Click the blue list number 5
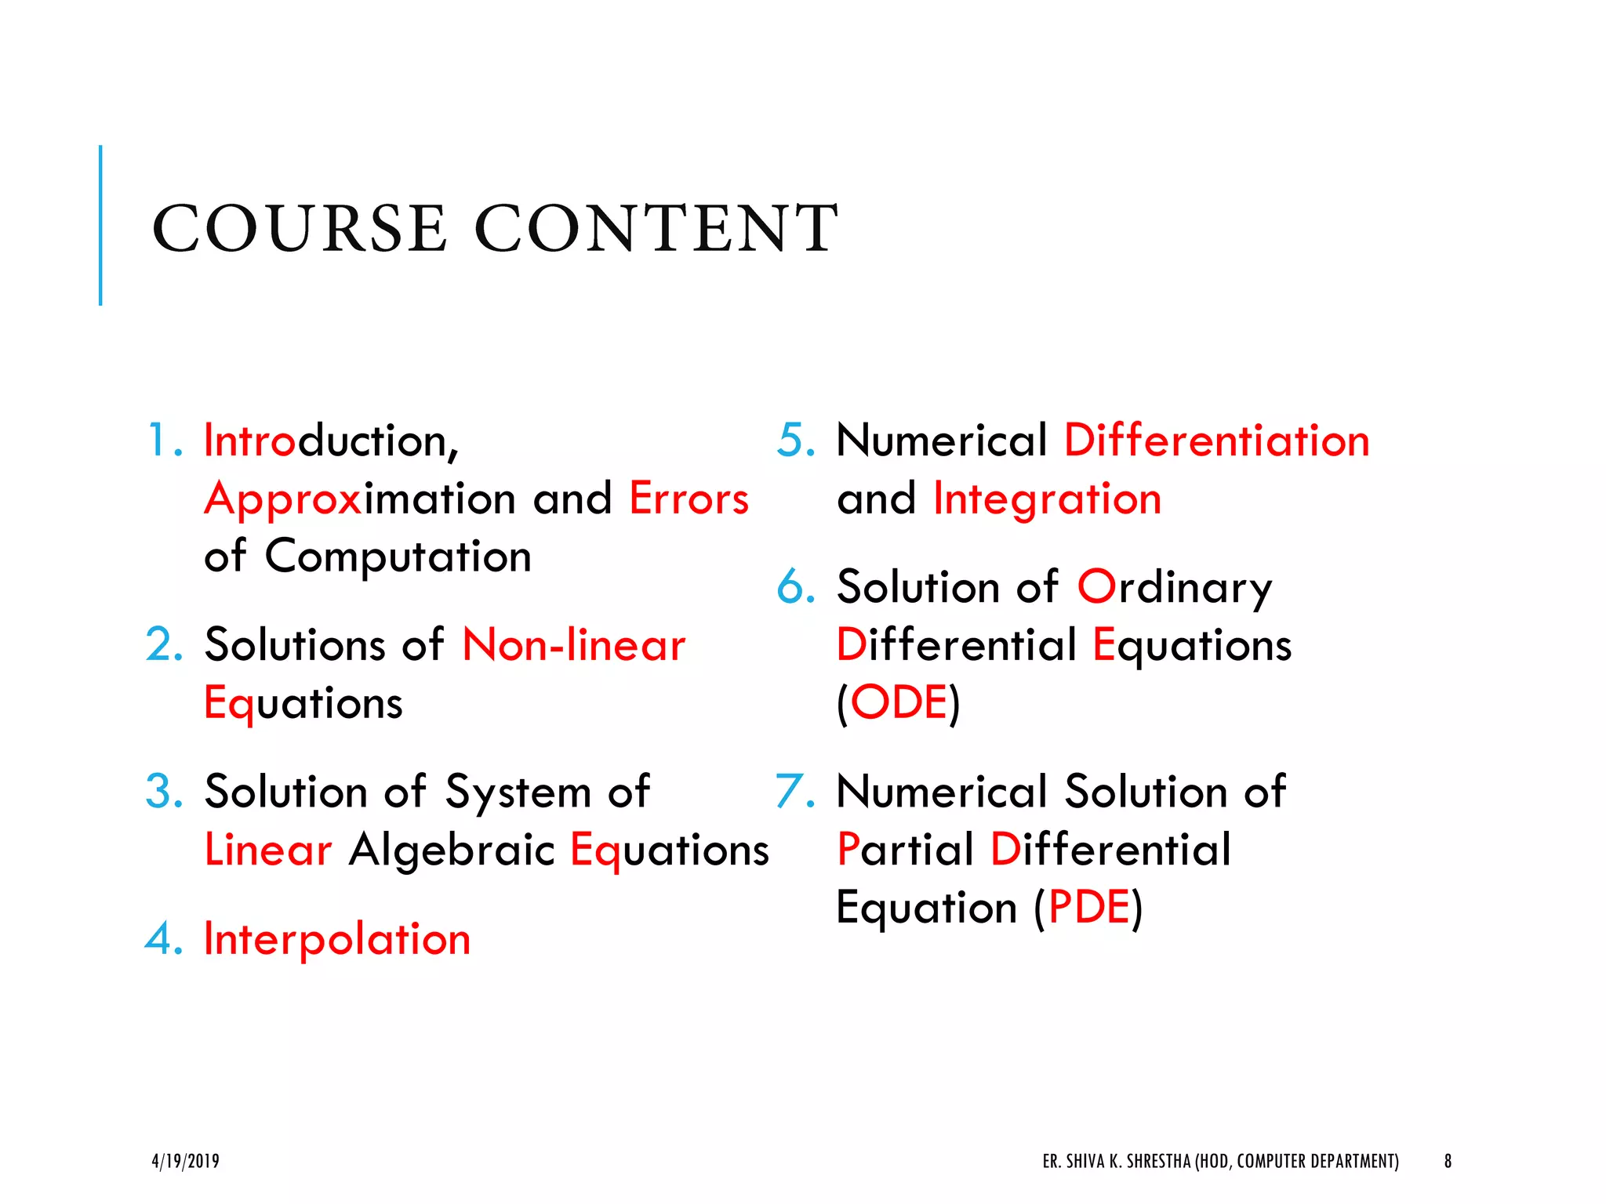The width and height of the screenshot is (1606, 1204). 794,440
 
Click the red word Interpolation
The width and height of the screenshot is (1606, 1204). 337,938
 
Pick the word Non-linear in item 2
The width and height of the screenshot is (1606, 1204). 573,645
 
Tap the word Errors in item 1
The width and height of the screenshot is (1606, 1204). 689,499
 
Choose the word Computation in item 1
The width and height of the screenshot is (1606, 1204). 398,557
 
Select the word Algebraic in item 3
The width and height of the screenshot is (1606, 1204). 452,850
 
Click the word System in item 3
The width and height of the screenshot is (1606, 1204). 518,792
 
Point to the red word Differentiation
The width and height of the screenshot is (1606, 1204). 1216,440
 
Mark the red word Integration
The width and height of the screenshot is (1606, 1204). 1047,499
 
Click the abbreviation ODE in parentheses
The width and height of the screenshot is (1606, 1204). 899,702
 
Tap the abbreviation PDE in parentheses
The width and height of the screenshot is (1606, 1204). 1088,908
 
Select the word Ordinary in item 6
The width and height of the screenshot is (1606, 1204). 1174,587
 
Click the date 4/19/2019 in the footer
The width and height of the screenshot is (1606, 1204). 185,1161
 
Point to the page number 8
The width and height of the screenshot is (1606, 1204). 1448,1161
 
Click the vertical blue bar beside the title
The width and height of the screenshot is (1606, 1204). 100,225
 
